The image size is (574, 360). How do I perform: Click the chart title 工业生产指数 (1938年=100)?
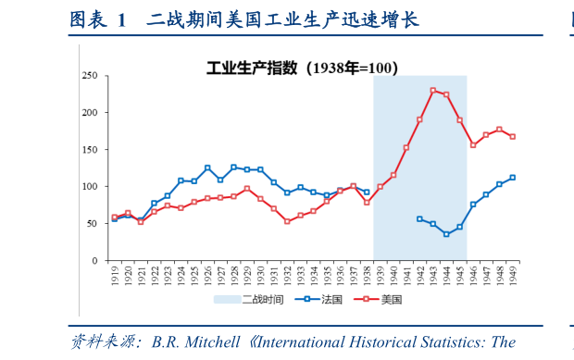(300, 67)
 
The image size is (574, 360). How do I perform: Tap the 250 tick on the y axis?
(90, 76)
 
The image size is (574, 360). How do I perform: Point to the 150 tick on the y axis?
(90, 150)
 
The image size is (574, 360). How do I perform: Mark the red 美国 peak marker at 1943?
(432, 91)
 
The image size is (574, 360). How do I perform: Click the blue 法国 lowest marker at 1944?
(446, 234)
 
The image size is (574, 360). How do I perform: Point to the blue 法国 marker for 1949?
(512, 178)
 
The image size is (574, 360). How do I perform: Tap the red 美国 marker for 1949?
(512, 136)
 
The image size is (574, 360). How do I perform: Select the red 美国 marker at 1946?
(472, 145)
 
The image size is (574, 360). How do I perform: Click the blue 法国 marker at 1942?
(419, 219)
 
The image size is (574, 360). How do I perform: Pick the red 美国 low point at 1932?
(287, 221)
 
